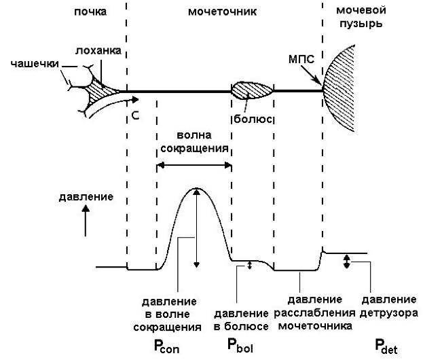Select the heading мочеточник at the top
(x=223, y=13)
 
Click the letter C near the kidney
(x=136, y=116)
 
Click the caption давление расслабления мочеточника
(x=314, y=313)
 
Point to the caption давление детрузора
(x=388, y=306)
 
